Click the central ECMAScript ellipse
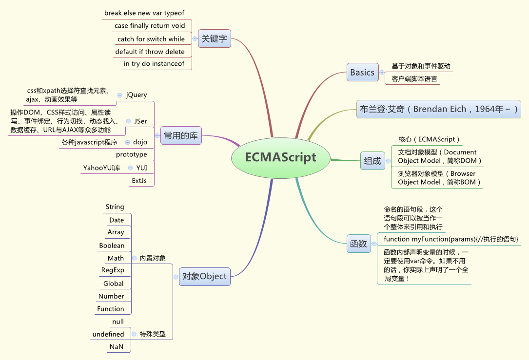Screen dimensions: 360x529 tap(280, 157)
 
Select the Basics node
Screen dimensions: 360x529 tap(362, 73)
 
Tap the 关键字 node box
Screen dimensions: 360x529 tap(214, 39)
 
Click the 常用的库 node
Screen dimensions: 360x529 tap(180, 135)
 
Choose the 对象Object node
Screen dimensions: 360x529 tap(204, 276)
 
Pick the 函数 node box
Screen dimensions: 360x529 tap(358, 244)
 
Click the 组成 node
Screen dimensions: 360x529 tap(372, 160)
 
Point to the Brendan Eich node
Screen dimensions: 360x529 tap(438, 109)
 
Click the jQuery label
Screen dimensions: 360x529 tap(136, 95)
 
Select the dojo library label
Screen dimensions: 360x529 tap(140, 142)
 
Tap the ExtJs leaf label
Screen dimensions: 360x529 tap(139, 181)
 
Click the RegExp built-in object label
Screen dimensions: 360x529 tap(113, 270)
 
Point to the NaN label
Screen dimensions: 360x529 tap(117, 347)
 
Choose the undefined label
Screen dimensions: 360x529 tap(108, 334)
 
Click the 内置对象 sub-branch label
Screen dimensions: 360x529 tap(153, 258)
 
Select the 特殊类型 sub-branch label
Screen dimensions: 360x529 tap(153, 334)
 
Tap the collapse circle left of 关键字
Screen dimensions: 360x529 tap(195, 38)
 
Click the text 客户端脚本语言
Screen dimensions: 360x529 tap(414, 79)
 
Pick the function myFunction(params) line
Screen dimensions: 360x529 tap(451, 239)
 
